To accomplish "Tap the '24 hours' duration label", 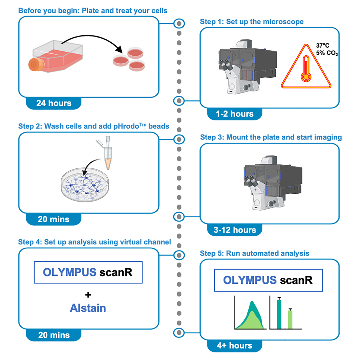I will click(53, 103).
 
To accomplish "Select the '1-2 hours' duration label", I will click(235, 114).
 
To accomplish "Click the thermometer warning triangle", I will click(305, 69).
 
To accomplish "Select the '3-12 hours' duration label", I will click(235, 230).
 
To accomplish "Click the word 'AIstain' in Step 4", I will click(88, 308).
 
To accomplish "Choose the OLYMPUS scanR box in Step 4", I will click(87, 272).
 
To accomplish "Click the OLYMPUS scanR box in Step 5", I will click(268, 280).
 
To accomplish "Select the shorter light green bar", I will click(290, 319).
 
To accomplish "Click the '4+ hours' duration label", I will click(235, 346).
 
